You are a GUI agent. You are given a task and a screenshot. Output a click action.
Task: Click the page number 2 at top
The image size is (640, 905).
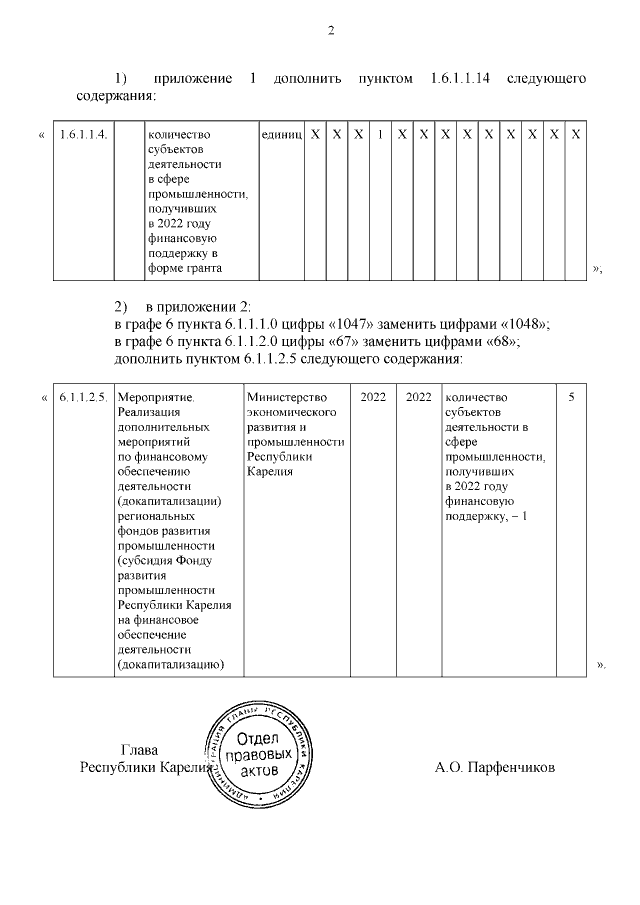[x=330, y=30]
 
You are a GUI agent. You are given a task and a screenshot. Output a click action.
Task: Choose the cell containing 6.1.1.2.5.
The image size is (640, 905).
[x=84, y=398]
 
